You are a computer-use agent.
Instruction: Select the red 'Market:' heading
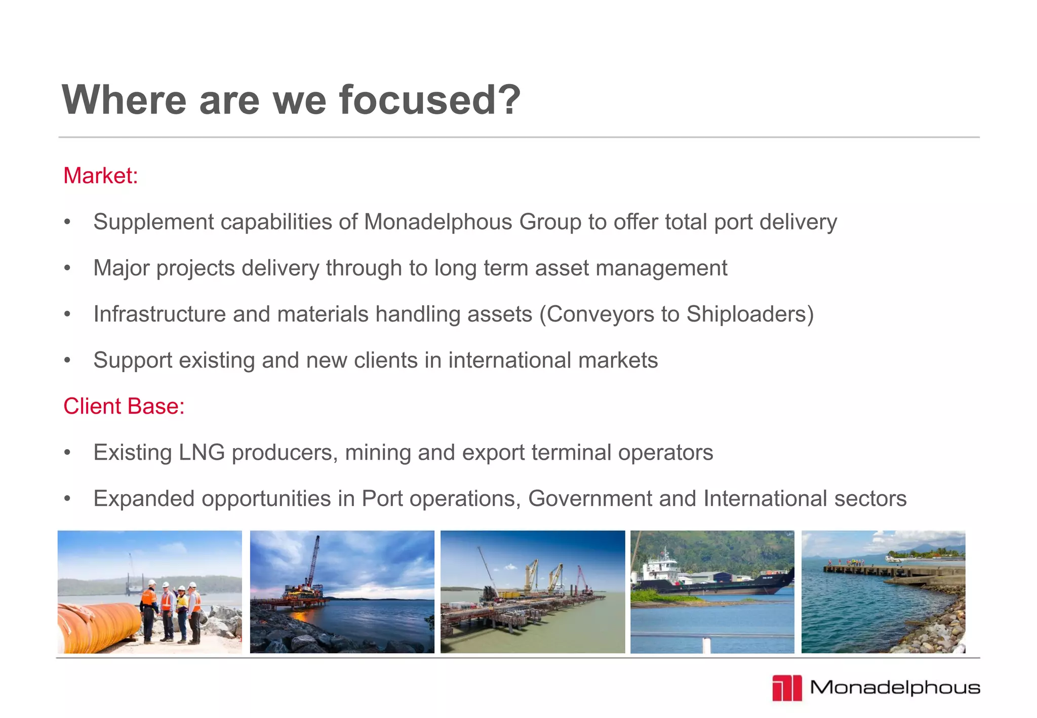100,176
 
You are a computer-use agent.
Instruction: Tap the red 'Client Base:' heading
124,406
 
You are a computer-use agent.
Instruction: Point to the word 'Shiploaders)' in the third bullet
750,314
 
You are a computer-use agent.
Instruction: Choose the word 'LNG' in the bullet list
202,453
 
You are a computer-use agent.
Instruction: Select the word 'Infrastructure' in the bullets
159,314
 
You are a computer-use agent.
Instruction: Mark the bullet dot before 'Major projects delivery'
67,268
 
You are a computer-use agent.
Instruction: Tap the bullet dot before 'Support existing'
67,361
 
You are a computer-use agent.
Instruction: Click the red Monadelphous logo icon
787,688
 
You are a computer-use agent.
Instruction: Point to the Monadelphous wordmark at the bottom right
895,688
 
